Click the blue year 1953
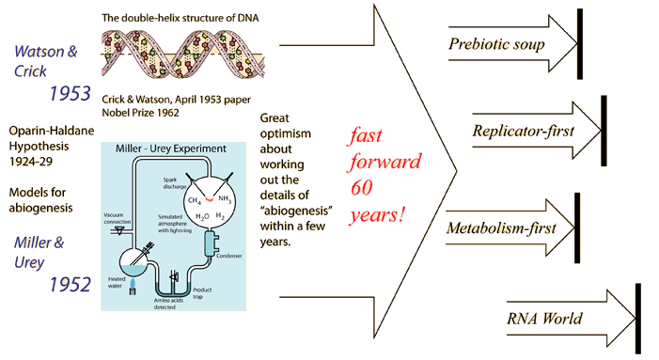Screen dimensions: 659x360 coord(71,93)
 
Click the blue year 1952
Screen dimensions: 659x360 coord(71,285)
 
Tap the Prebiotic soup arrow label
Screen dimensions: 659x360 coord(496,44)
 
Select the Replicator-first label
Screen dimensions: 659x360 coord(523,131)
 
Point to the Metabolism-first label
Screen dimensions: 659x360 coord(501,228)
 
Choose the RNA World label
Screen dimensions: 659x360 coord(544,319)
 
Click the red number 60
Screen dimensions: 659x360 coord(362,188)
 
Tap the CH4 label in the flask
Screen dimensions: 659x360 coord(195,201)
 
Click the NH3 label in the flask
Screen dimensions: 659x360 coord(225,198)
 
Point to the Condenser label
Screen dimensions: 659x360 coord(229,256)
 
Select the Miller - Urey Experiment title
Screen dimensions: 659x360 coord(171,149)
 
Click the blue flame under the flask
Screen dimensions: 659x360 coord(133,284)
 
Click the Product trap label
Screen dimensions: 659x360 coord(202,293)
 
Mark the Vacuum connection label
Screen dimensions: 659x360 coord(118,218)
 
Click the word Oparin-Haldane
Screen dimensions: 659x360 coord(52,131)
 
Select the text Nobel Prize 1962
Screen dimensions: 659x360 coord(140,113)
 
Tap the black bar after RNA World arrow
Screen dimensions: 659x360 coord(638,318)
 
